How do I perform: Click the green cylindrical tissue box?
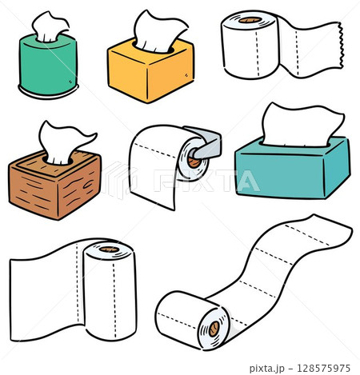pyautogui.click(x=48, y=66)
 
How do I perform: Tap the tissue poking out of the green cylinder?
pyautogui.click(x=50, y=26)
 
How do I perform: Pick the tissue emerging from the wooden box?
pyautogui.click(x=64, y=142)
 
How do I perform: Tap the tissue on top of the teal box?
pyautogui.click(x=302, y=126)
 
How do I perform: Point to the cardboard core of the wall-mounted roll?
pyautogui.click(x=194, y=162)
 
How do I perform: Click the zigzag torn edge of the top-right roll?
pyautogui.click(x=340, y=46)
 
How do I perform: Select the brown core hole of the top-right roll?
pyautogui.click(x=250, y=20)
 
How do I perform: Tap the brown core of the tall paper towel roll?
pyautogui.click(x=110, y=249)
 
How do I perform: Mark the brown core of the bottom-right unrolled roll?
pyautogui.click(x=214, y=329)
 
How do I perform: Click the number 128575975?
pyautogui.click(x=323, y=368)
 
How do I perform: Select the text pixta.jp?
pyautogui.click(x=267, y=369)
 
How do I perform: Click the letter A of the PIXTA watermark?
pyautogui.click(x=248, y=181)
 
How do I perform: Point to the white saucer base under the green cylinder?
pyautogui.click(x=48, y=92)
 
